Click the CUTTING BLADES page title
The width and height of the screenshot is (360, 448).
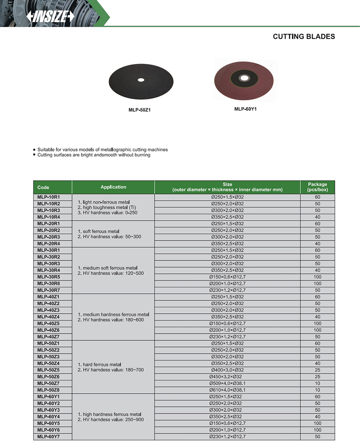[304, 36]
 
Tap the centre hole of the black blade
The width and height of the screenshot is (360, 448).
[141, 80]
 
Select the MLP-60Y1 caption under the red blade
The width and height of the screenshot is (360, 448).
[245, 108]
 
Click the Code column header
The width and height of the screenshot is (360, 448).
[43, 187]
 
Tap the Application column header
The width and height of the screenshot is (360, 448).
[113, 187]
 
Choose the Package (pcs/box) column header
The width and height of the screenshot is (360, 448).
[317, 187]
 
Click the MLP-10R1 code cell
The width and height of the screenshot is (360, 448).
[48, 197]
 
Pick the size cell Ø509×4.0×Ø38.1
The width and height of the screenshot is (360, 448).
[227, 383]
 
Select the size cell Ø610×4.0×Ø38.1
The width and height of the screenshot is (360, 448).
[227, 390]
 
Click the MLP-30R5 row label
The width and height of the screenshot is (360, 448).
[48, 277]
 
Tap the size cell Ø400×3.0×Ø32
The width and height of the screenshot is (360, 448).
[227, 370]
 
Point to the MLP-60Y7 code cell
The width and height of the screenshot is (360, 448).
[48, 436]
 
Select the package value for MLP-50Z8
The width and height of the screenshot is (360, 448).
[317, 390]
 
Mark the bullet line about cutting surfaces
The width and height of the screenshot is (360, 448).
[94, 155]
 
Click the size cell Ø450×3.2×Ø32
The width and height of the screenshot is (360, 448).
[227, 377]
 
